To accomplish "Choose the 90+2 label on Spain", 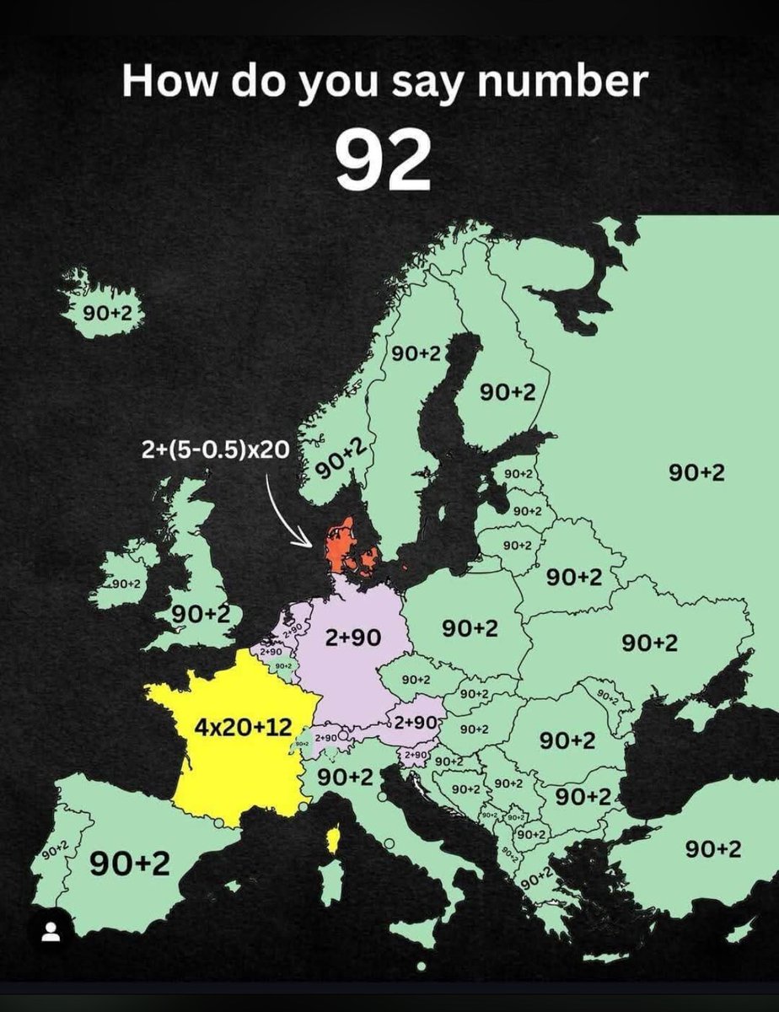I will (x=132, y=863).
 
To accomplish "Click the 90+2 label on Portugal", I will (x=55, y=853).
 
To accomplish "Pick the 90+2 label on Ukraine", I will (x=649, y=643).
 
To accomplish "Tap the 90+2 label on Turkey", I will (x=712, y=849).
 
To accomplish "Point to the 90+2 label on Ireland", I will (x=126, y=584).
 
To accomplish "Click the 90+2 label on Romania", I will (x=567, y=740).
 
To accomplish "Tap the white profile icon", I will (x=51, y=932).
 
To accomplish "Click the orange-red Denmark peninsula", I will (x=341, y=545).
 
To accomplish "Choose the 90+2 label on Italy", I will (x=345, y=777).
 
